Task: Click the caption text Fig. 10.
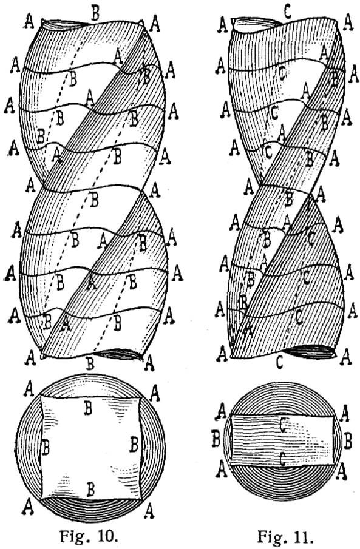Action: pyautogui.click(x=89, y=536)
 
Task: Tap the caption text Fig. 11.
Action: pyautogui.click(x=285, y=536)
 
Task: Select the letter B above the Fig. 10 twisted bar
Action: pyautogui.click(x=95, y=13)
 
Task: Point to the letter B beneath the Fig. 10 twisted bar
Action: pyautogui.click(x=90, y=363)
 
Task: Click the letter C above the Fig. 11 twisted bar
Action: pyautogui.click(x=287, y=12)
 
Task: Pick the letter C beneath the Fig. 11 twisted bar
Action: pyautogui.click(x=279, y=362)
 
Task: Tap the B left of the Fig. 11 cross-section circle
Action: pyautogui.click(x=216, y=439)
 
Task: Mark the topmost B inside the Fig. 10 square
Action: pyautogui.click(x=88, y=408)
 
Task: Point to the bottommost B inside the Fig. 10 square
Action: pyautogui.click(x=90, y=490)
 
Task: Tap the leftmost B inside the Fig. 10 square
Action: pyautogui.click(x=45, y=448)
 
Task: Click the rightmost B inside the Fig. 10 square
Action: pyautogui.click(x=134, y=444)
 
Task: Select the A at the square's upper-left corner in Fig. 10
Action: pyautogui.click(x=29, y=389)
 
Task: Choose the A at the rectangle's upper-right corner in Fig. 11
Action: pyautogui.click(x=344, y=414)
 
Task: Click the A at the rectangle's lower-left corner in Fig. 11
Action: pyautogui.click(x=221, y=470)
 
